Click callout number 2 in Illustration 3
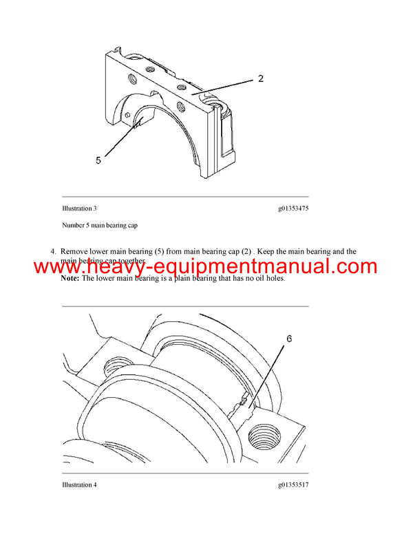[260, 78]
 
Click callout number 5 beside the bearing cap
[98, 160]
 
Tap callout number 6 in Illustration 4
[289, 339]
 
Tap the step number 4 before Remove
[52, 251]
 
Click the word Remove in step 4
[74, 251]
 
